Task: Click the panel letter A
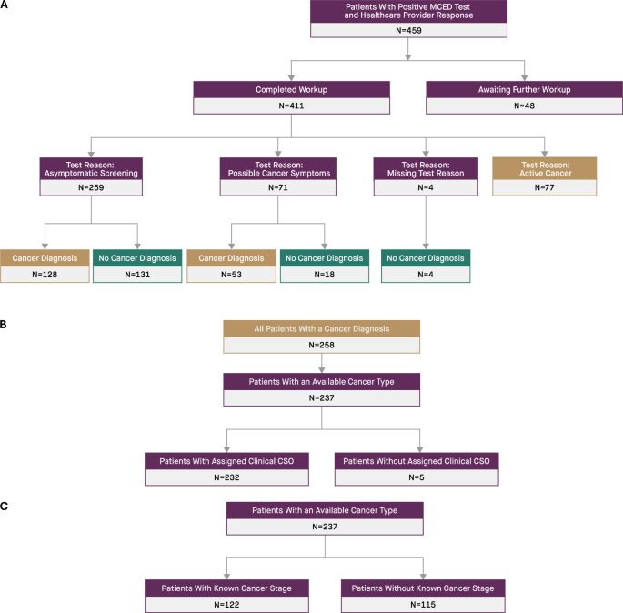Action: click(x=5, y=5)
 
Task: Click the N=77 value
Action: click(x=544, y=187)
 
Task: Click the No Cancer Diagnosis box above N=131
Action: click(x=137, y=258)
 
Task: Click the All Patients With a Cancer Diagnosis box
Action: click(x=323, y=328)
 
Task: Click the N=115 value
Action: click(x=417, y=604)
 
